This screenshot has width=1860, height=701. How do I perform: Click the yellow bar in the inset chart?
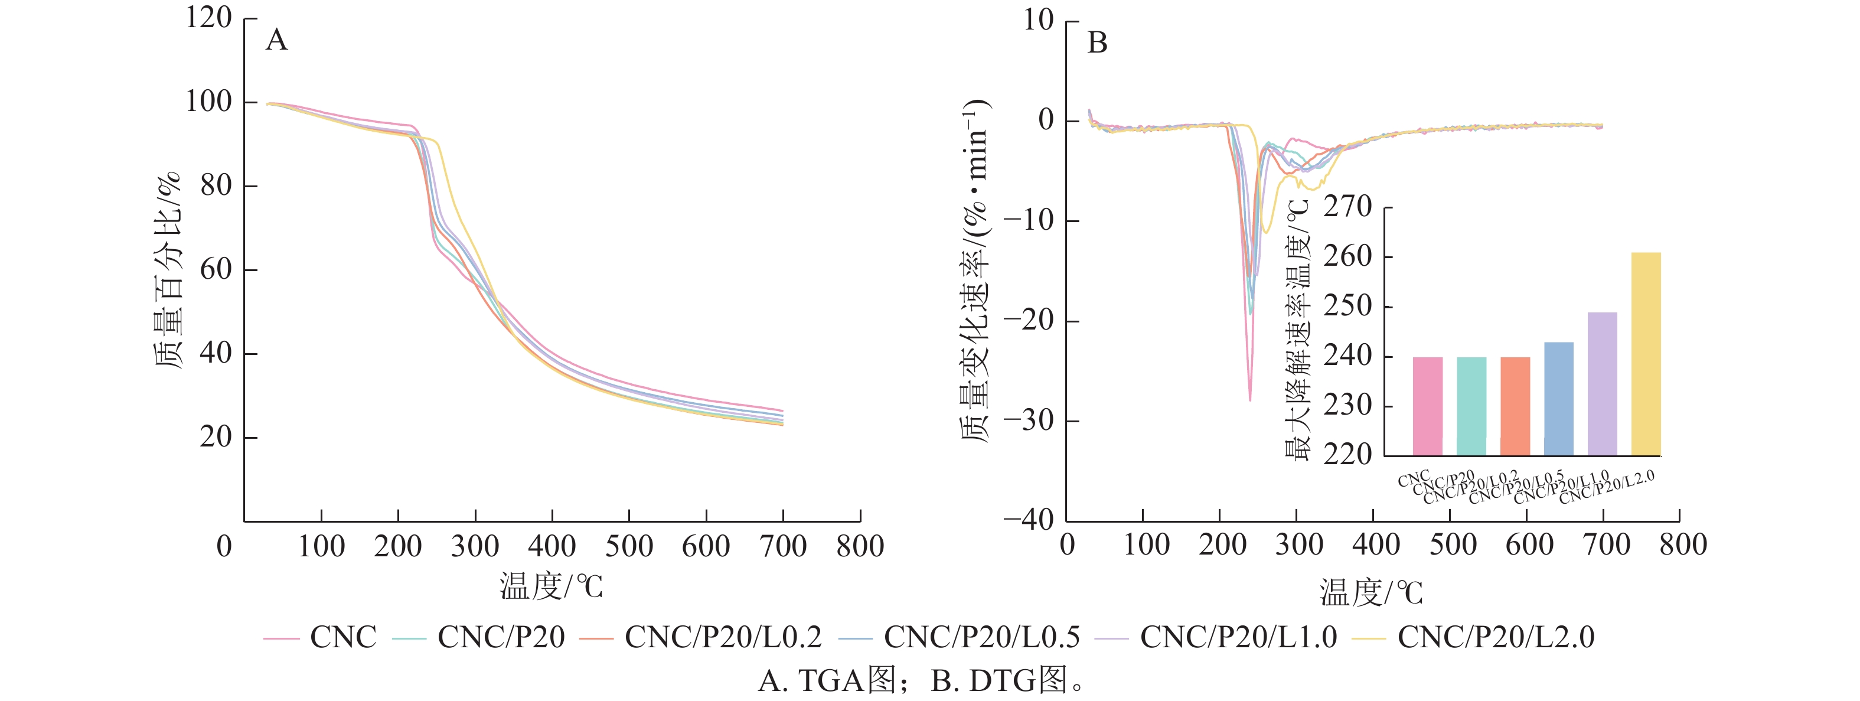pos(1646,354)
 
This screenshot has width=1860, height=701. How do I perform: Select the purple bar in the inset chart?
pos(1602,383)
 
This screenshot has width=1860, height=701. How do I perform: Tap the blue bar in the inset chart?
pos(1558,399)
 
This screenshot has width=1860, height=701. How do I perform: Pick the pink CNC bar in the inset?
pos(1428,406)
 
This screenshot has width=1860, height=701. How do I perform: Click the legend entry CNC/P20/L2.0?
pos(1495,637)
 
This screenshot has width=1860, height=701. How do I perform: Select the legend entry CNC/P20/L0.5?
pos(981,637)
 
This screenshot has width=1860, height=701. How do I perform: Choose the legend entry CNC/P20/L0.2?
pos(723,637)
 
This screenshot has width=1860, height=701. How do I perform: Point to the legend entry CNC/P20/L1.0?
pos(1238,637)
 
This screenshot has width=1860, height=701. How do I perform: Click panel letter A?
pos(276,40)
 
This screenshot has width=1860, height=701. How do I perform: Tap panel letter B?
pos(1097,43)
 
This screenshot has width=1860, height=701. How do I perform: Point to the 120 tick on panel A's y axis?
pos(208,18)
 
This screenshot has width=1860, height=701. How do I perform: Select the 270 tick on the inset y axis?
pos(1347,207)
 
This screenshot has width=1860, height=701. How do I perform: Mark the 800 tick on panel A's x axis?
pos(860,546)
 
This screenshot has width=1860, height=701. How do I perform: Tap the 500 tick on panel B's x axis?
pos(1453,545)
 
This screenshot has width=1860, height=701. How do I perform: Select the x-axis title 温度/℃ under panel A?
pos(551,586)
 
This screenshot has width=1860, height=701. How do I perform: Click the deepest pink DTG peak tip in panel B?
pos(1250,399)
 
